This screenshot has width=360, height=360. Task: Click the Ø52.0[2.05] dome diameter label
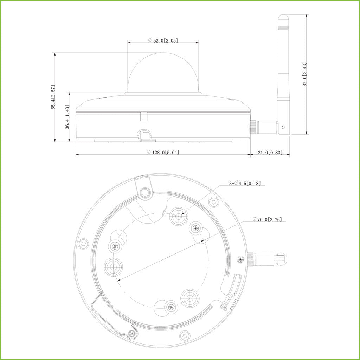pos(163,40)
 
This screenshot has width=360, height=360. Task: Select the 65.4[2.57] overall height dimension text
pos(53,97)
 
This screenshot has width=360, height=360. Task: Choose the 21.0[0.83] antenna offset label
pos(270,152)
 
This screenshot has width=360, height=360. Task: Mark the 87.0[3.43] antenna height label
pos(304,74)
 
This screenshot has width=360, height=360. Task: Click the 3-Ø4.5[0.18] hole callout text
pos(245,183)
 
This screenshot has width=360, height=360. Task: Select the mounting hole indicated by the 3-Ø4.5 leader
pos(178,217)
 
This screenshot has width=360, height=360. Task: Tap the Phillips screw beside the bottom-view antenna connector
pos(240,260)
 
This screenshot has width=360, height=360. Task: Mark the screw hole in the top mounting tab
pos(144,192)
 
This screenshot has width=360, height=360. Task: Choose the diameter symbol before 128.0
pos(149,152)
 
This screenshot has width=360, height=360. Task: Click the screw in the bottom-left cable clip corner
pos(132,333)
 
